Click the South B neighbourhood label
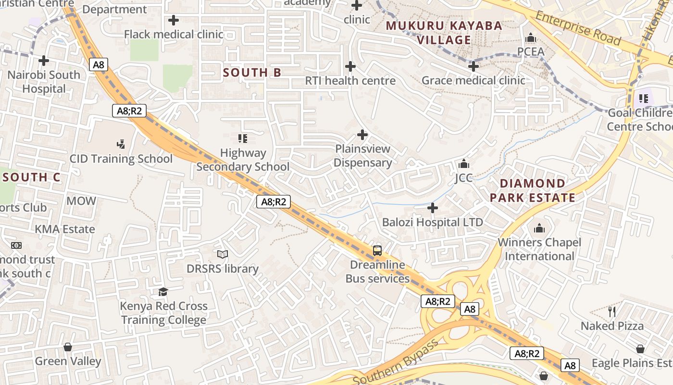pyautogui.click(x=252, y=73)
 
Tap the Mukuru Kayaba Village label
pyautogui.click(x=444, y=33)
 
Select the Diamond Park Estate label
pyautogui.click(x=532, y=191)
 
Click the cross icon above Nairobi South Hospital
pyautogui.click(x=44, y=61)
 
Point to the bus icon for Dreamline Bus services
pyautogui.click(x=377, y=251)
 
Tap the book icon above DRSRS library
pyautogui.click(x=223, y=254)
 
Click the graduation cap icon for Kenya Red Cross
pyautogui.click(x=163, y=292)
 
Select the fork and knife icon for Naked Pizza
pyautogui.click(x=612, y=311)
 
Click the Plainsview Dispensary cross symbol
pyautogui.click(x=362, y=135)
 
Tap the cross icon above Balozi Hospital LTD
pyautogui.click(x=433, y=208)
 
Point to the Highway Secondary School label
pyautogui.click(x=243, y=160)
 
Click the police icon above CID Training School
pyautogui.click(x=121, y=143)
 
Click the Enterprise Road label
pyautogui.click(x=578, y=29)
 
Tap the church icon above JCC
pyautogui.click(x=464, y=164)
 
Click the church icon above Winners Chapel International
pyautogui.click(x=539, y=228)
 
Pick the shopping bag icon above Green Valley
pyautogui.click(x=68, y=347)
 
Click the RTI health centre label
pyautogui.click(x=350, y=80)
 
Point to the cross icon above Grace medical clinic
pyautogui.click(x=474, y=66)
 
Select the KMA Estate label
pyautogui.click(x=65, y=229)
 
